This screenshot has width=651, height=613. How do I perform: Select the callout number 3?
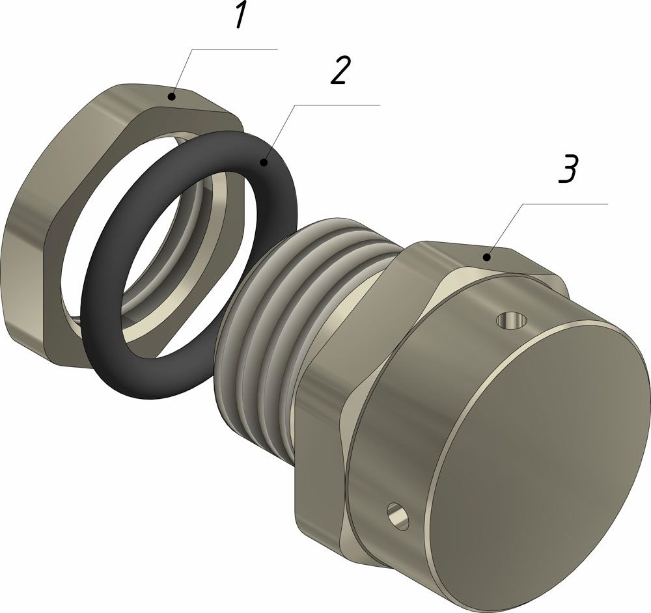(568, 169)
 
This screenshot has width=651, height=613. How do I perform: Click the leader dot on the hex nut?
(171, 98)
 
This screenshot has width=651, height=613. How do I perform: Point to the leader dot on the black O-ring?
(264, 161)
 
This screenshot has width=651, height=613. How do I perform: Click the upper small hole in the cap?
(512, 320)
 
